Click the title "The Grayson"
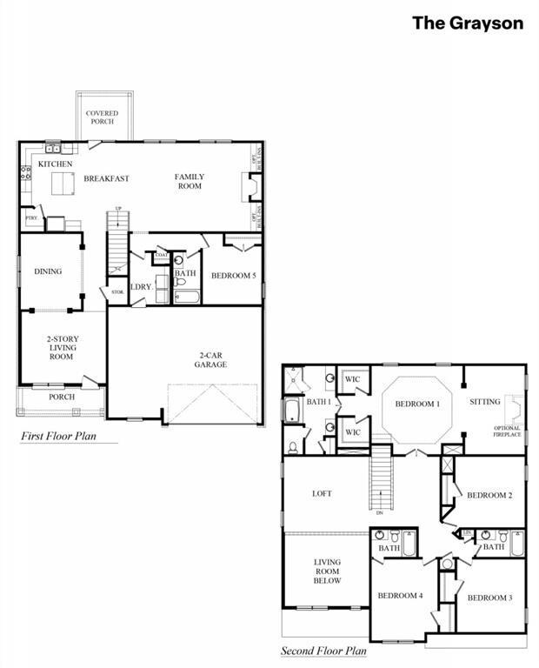[467, 23]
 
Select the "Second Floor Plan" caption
[323, 651]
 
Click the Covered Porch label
[102, 117]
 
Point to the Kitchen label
[55, 164]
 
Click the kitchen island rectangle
[63, 184]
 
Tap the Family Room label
[189, 181]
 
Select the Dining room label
[48, 271]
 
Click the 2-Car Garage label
[210, 359]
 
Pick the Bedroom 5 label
[233, 277]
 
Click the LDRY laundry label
[141, 287]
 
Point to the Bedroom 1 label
[417, 404]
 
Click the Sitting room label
[485, 402]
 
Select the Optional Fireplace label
[507, 431]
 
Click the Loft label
[322, 493]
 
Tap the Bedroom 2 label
[489, 495]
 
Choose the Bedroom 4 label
[400, 596]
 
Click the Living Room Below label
[327, 571]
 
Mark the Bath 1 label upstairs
[318, 402]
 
